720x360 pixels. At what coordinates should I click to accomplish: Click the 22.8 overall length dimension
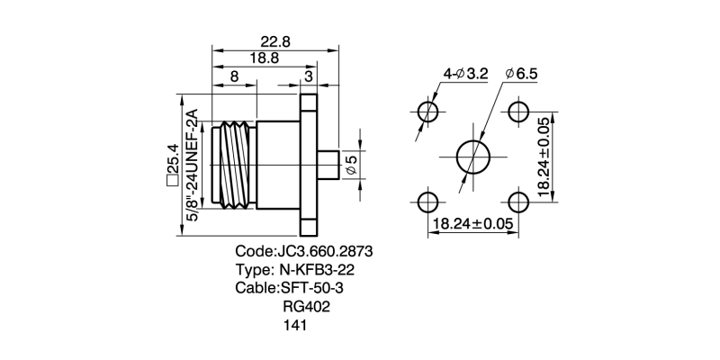coord(274,41)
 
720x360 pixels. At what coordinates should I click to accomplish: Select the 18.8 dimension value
coord(263,58)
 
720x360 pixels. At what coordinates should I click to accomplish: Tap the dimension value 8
coord(234,77)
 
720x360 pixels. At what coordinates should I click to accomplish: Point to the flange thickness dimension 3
coord(309,77)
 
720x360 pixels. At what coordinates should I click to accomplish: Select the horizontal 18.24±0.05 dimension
coord(472,223)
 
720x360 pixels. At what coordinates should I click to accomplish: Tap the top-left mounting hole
coord(428,112)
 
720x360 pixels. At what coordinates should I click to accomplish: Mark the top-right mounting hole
coord(517,112)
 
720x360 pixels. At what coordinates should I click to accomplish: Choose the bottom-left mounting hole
coord(428,200)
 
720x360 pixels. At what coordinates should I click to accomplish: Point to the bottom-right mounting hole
coord(517,200)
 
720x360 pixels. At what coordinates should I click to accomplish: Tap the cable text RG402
coord(306,307)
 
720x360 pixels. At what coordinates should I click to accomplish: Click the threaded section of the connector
coord(235,165)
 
